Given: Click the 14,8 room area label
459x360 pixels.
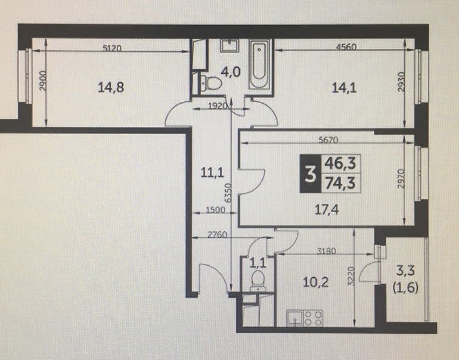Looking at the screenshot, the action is coord(111,87).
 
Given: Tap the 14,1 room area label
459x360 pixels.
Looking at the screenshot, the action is coord(345,87).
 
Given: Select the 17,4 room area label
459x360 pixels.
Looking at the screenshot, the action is coord(327,210).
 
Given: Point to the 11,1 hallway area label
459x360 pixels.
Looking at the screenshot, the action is coord(213,172).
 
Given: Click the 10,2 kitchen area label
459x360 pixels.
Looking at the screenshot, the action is coord(316,283).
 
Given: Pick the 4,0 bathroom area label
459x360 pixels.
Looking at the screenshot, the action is coord(231,72).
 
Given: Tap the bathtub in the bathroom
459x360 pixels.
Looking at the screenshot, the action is coord(259,64).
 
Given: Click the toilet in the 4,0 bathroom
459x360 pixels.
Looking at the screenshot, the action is coord(211,83).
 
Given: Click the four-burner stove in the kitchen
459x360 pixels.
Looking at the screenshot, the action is coord(313,318).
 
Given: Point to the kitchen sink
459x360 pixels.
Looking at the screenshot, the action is coord(295,318).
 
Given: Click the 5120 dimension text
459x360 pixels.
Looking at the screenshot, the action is coord(112,48).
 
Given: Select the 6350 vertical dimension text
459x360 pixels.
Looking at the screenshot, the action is coord(228,193).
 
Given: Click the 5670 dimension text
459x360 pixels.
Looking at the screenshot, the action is coord(328,140).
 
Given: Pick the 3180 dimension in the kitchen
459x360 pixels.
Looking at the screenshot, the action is coord(327,251).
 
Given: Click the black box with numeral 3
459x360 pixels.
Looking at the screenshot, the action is coord(311,173).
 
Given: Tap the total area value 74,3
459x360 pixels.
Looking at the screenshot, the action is coord(341,183).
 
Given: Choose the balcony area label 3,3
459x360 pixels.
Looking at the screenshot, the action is coord(405,271).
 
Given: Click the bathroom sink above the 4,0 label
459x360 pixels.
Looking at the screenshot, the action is coord(229,46).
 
